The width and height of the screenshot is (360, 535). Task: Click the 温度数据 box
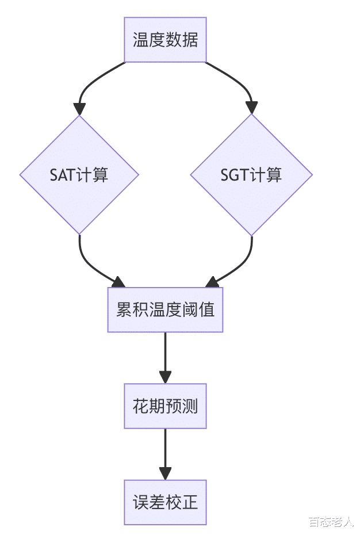(x=165, y=40)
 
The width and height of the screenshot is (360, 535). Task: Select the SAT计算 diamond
(x=79, y=174)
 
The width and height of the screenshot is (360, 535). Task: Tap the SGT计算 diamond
(x=251, y=174)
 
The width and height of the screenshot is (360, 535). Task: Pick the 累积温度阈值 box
(x=165, y=310)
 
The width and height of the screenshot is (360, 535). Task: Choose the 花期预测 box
(x=165, y=406)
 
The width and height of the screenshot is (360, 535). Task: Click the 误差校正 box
(x=165, y=502)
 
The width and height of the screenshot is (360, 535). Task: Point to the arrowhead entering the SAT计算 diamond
(x=79, y=109)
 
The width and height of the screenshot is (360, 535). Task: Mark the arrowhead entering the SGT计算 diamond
(x=251, y=108)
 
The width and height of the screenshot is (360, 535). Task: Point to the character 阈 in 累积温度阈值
(x=193, y=310)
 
